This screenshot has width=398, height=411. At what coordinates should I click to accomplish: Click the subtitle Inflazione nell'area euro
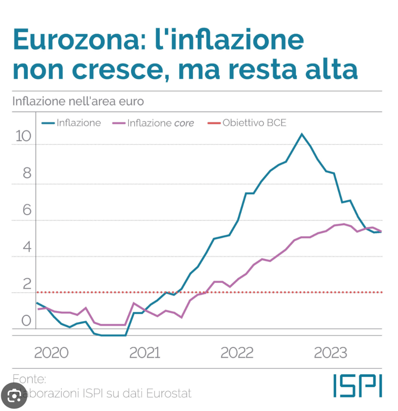(78, 101)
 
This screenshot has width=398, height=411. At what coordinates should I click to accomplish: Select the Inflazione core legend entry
(160, 123)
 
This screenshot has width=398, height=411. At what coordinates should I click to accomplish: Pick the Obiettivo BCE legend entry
(254, 122)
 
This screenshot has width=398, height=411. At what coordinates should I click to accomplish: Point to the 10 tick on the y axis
(23, 137)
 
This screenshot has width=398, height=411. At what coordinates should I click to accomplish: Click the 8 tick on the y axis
(27, 173)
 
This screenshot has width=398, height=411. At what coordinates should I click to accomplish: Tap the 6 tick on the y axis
(27, 210)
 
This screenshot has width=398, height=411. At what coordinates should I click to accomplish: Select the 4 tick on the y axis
(27, 246)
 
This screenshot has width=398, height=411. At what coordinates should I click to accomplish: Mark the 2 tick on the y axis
(27, 283)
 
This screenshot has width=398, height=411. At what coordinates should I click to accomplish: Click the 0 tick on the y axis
(27, 320)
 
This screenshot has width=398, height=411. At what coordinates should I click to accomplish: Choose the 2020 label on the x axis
(51, 353)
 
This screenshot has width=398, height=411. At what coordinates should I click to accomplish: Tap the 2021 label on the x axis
(144, 353)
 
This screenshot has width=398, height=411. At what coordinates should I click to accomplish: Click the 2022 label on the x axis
(237, 353)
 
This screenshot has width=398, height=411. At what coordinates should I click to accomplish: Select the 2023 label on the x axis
(330, 353)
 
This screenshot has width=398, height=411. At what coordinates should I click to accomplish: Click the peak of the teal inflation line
(302, 134)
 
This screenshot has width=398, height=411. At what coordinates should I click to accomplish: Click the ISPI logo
(357, 386)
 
